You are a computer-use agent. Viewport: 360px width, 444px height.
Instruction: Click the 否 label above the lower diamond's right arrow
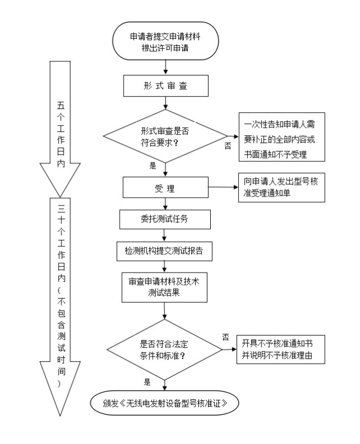coord(225,337)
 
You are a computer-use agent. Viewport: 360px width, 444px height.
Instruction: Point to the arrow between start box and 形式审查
coord(165,66)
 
